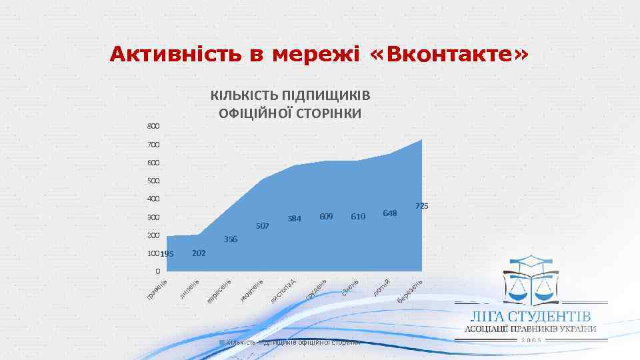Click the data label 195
pos(167,254)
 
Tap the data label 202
pos(198,253)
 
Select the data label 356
pos(231,239)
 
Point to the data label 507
pos(262,226)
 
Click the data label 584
pos(295,218)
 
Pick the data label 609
pos(326,216)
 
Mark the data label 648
pos(390,213)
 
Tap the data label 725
pos(421,206)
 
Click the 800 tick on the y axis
pos(153,126)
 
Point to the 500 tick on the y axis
pos(153,181)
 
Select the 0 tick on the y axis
pos(157,271)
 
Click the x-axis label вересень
pos(219,291)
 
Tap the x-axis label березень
pos(411,291)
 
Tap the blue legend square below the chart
pos(223,342)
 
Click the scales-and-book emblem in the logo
pos(531,279)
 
